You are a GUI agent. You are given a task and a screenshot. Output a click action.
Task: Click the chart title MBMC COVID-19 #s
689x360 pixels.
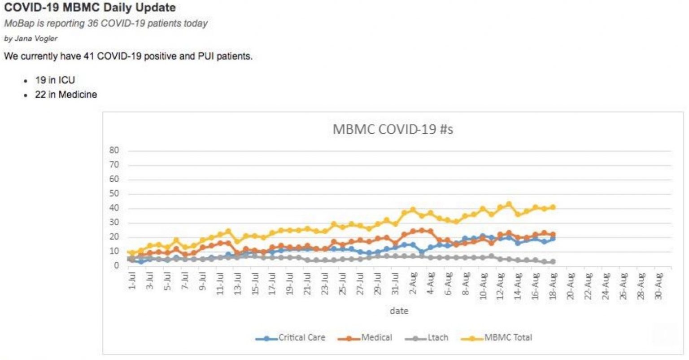[x=392, y=129]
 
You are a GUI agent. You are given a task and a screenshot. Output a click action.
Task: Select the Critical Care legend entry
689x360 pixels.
[x=301, y=338]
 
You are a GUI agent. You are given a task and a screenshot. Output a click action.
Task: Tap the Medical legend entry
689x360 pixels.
[x=376, y=338]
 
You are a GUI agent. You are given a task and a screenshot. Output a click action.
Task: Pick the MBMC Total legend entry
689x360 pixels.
[x=508, y=338]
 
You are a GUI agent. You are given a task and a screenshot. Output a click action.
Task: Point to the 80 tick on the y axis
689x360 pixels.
[x=114, y=150]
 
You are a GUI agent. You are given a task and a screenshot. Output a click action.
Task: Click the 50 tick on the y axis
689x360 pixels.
[x=114, y=194]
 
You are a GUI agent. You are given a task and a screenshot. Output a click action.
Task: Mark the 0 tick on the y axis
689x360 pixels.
[x=116, y=265]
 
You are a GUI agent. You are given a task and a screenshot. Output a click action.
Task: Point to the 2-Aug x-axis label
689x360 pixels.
[x=413, y=282]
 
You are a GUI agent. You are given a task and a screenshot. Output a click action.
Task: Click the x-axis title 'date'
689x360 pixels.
[x=399, y=311]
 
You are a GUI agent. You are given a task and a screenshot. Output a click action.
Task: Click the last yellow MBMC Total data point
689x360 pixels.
[x=553, y=207]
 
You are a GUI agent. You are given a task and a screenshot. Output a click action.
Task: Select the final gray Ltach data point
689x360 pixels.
[x=553, y=262]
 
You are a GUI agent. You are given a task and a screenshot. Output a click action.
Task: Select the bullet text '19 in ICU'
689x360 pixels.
[x=55, y=80]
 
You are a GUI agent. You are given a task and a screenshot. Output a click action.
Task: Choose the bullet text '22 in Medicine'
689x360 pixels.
[x=66, y=95]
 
